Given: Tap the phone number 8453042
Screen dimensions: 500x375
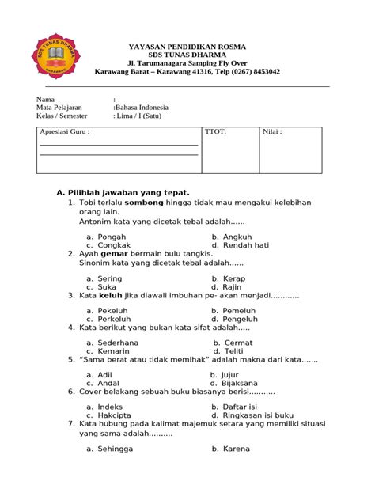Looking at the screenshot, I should [263, 71].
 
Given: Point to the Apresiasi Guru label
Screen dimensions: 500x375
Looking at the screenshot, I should [65, 132].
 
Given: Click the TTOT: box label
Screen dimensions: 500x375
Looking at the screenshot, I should [216, 132].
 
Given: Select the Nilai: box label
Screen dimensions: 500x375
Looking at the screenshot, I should [272, 132].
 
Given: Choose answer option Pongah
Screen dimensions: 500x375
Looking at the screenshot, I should [112, 237].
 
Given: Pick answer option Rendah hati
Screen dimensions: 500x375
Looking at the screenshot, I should [246, 245].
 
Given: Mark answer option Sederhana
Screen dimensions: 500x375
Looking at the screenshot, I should [118, 343].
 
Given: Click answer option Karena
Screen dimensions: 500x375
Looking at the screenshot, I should [237, 449].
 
